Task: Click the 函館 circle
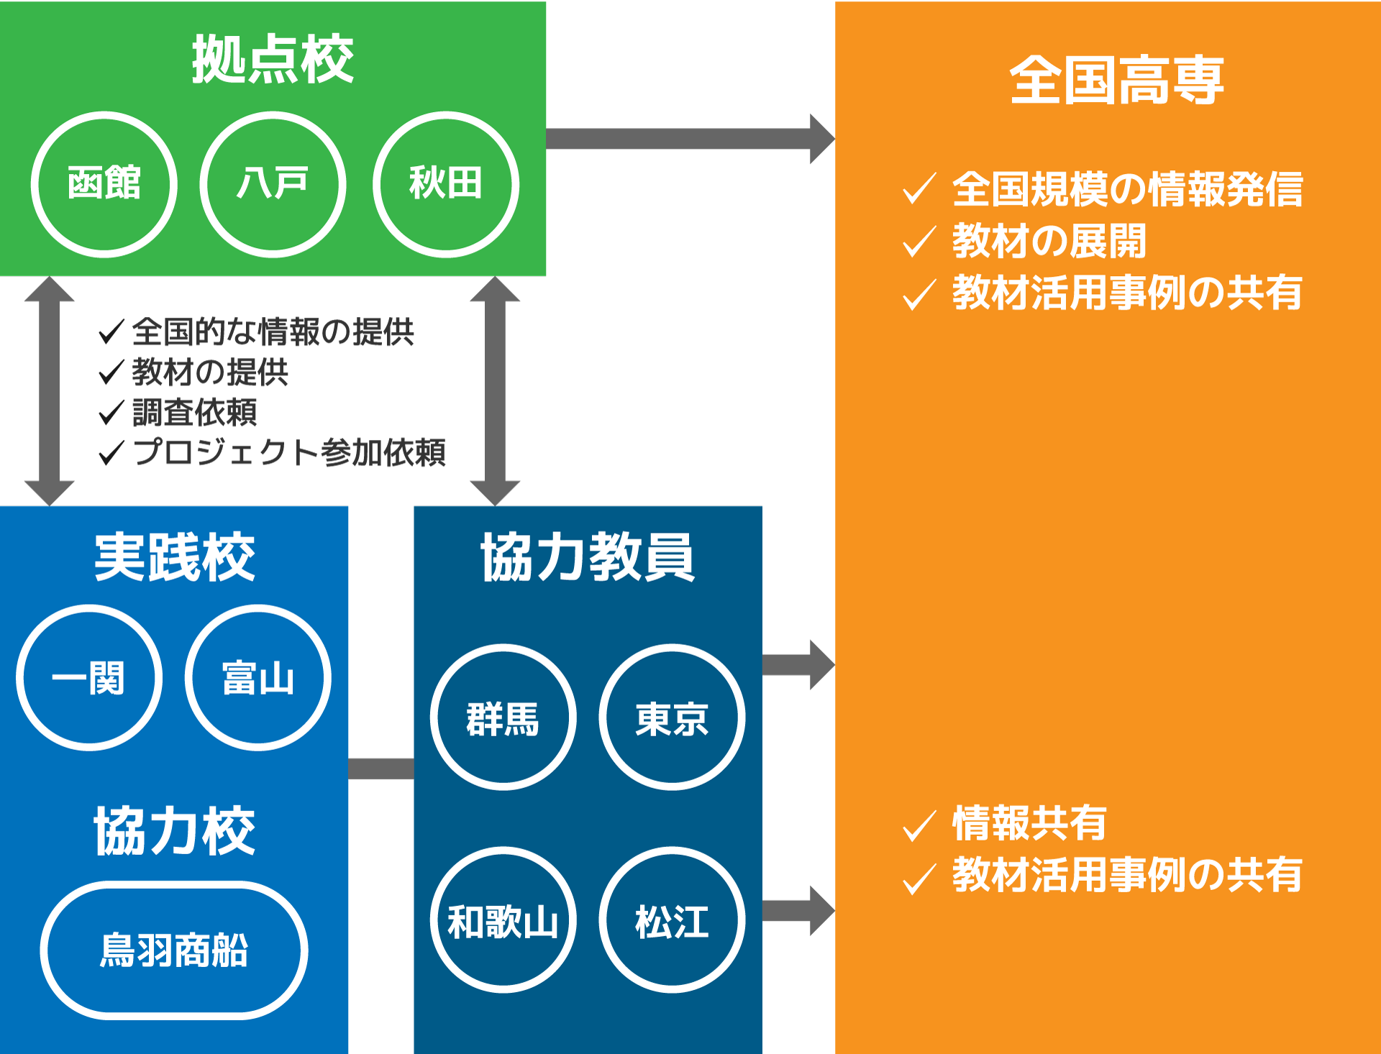pyautogui.click(x=104, y=184)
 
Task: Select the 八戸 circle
pyautogui.click(x=273, y=184)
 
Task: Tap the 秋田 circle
pyautogui.click(x=445, y=184)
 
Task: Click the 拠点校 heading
pyautogui.click(x=273, y=59)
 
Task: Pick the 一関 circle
pyautogui.click(x=89, y=678)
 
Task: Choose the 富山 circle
pyautogui.click(x=258, y=678)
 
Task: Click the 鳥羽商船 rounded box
pyautogui.click(x=174, y=950)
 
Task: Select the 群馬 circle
pyautogui.click(x=503, y=718)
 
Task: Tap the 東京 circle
pyautogui.click(x=672, y=718)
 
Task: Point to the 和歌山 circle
pyautogui.click(x=503, y=920)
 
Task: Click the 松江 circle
pyautogui.click(x=672, y=920)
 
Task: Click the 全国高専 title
pyautogui.click(x=1116, y=81)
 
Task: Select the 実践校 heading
pyautogui.click(x=174, y=557)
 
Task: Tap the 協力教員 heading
pyautogui.click(x=588, y=557)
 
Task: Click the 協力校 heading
pyautogui.click(x=174, y=830)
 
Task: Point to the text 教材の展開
pyautogui.click(x=1049, y=241)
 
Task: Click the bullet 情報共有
pyautogui.click(x=1029, y=823)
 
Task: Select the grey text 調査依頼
pyautogui.click(x=194, y=413)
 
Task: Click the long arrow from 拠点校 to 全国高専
pyautogui.click(x=683, y=139)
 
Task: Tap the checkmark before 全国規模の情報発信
pyautogui.click(x=919, y=189)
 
